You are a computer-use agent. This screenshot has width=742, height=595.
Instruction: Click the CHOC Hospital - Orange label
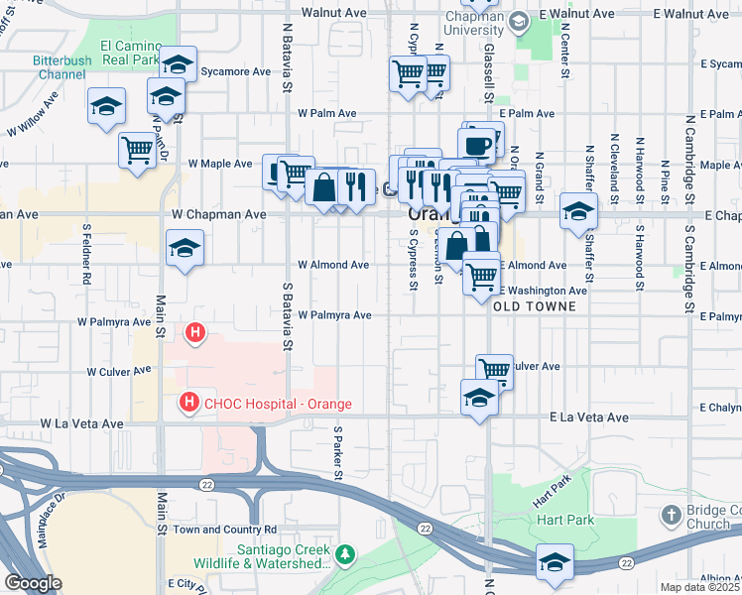click(278, 403)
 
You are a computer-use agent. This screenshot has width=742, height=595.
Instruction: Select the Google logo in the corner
click(33, 583)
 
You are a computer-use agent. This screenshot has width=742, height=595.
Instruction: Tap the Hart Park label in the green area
click(563, 520)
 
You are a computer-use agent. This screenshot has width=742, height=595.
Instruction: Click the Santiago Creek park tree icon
click(344, 553)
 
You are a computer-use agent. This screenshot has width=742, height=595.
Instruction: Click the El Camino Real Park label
click(130, 54)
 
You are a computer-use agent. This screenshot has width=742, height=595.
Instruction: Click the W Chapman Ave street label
click(218, 214)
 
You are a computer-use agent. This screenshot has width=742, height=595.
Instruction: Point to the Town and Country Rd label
click(225, 531)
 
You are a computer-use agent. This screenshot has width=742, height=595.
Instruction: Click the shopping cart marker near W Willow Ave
click(138, 150)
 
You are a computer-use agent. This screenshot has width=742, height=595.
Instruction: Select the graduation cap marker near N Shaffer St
click(579, 210)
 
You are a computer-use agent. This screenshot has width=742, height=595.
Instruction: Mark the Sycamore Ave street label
click(235, 72)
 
